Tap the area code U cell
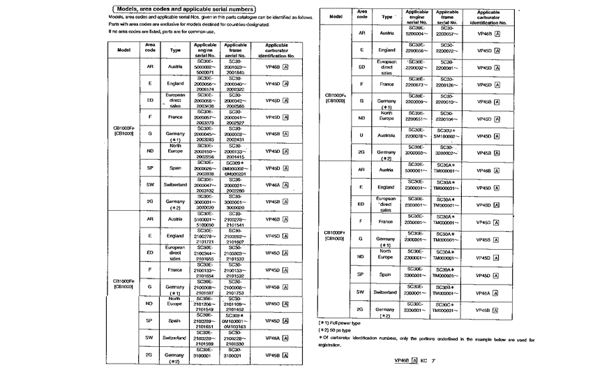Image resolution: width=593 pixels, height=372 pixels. pyautogui.click(x=361, y=135)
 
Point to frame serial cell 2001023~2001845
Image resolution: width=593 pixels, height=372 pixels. pyautogui.click(x=235, y=67)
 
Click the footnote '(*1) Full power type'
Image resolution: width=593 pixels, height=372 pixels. pyautogui.click(x=340, y=323)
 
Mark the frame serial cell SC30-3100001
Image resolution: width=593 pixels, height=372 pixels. pyautogui.click(x=235, y=354)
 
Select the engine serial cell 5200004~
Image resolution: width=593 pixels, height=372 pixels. pyautogui.click(x=416, y=32)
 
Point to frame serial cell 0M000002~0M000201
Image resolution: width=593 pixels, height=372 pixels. pyautogui.click(x=235, y=168)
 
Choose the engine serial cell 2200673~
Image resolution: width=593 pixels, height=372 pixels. pyautogui.click(x=416, y=84)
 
